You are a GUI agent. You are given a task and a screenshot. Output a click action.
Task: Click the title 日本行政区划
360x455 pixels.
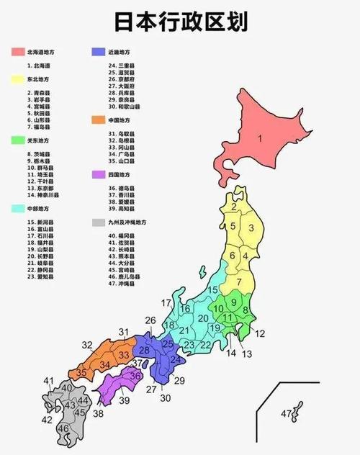click(181, 22)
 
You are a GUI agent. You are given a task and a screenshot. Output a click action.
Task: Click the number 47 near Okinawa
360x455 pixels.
click(287, 413)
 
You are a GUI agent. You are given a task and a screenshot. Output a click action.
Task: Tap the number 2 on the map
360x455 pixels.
click(234, 207)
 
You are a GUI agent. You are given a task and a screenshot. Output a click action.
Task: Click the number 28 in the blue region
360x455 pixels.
click(145, 351)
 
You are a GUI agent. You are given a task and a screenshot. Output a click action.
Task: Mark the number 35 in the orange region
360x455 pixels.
click(83, 373)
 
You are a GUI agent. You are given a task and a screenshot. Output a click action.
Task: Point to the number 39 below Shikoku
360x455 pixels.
click(125, 400)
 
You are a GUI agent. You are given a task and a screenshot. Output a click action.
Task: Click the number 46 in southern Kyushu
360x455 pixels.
click(63, 428)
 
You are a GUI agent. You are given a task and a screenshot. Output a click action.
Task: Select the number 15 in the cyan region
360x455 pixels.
click(212, 289)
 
